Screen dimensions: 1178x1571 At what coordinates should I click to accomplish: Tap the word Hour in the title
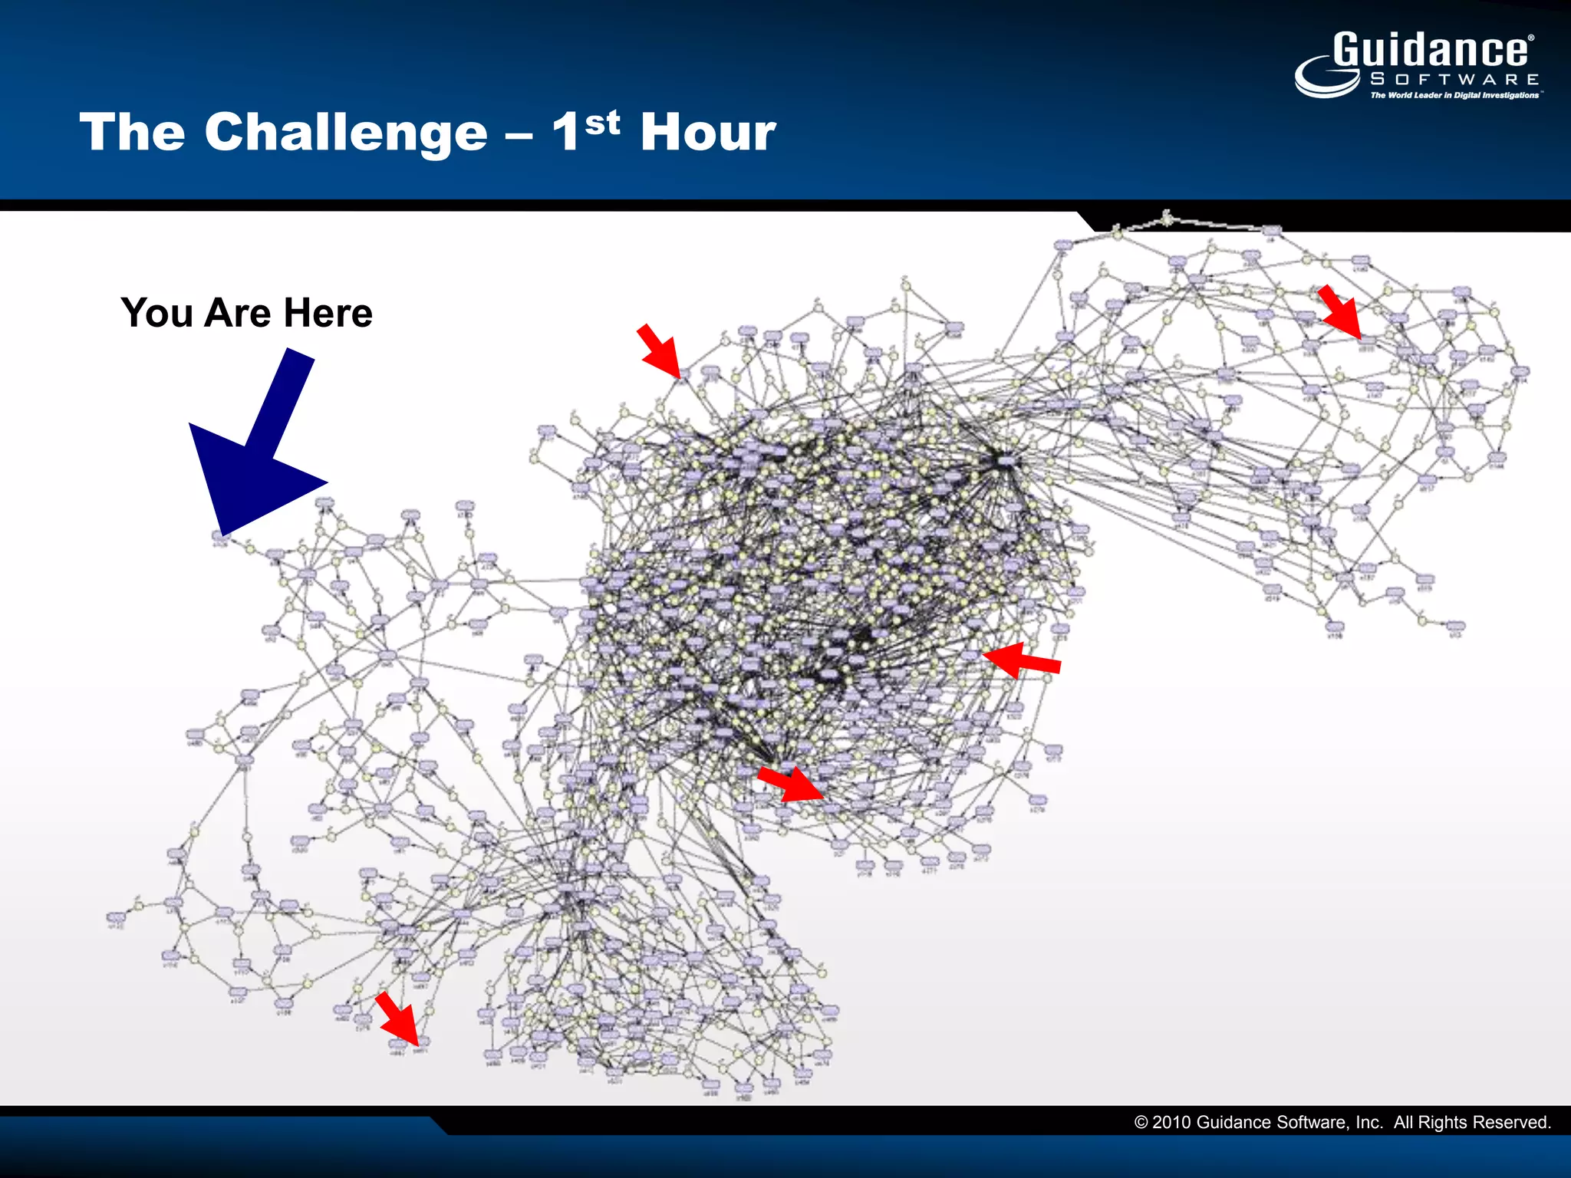click(707, 132)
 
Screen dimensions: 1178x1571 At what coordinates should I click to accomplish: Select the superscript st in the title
click(602, 122)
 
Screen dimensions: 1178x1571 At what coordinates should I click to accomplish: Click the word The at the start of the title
click(132, 132)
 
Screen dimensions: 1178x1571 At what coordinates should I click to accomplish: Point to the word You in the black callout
click(156, 313)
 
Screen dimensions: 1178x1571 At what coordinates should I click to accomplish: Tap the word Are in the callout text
click(238, 313)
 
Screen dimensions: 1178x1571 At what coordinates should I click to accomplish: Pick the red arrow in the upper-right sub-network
click(1341, 312)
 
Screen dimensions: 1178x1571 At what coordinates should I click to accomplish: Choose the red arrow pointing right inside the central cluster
click(790, 784)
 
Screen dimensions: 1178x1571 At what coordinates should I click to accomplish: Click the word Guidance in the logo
click(1431, 51)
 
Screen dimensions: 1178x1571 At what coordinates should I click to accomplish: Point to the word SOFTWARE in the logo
click(1454, 79)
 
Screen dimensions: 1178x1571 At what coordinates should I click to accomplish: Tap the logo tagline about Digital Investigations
click(1454, 95)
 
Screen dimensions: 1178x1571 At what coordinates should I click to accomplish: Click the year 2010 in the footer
click(1171, 1123)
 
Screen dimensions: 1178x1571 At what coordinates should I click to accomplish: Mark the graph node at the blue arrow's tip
click(220, 538)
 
